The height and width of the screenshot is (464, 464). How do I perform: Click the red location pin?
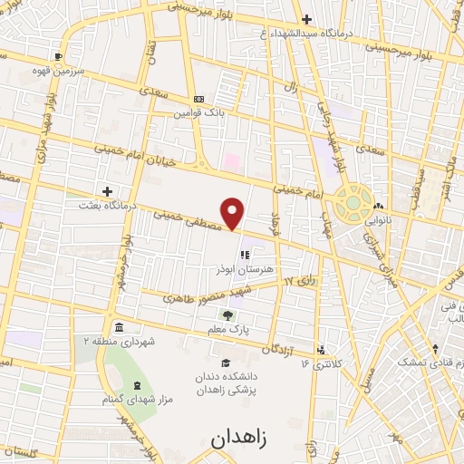click(x=233, y=212)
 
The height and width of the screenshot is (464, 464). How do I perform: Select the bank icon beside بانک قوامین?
click(x=199, y=100)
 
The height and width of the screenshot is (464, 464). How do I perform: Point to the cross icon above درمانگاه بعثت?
click(x=108, y=191)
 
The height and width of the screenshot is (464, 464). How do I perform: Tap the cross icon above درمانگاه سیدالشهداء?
click(x=306, y=19)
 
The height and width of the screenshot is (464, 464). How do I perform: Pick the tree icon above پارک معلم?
click(x=239, y=314)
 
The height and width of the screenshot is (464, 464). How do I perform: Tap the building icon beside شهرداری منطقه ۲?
click(x=119, y=327)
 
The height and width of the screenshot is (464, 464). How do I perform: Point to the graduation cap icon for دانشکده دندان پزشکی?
click(x=226, y=362)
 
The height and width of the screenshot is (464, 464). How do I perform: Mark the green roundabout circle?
click(x=351, y=203)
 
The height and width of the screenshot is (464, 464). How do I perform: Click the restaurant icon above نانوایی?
click(x=377, y=206)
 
